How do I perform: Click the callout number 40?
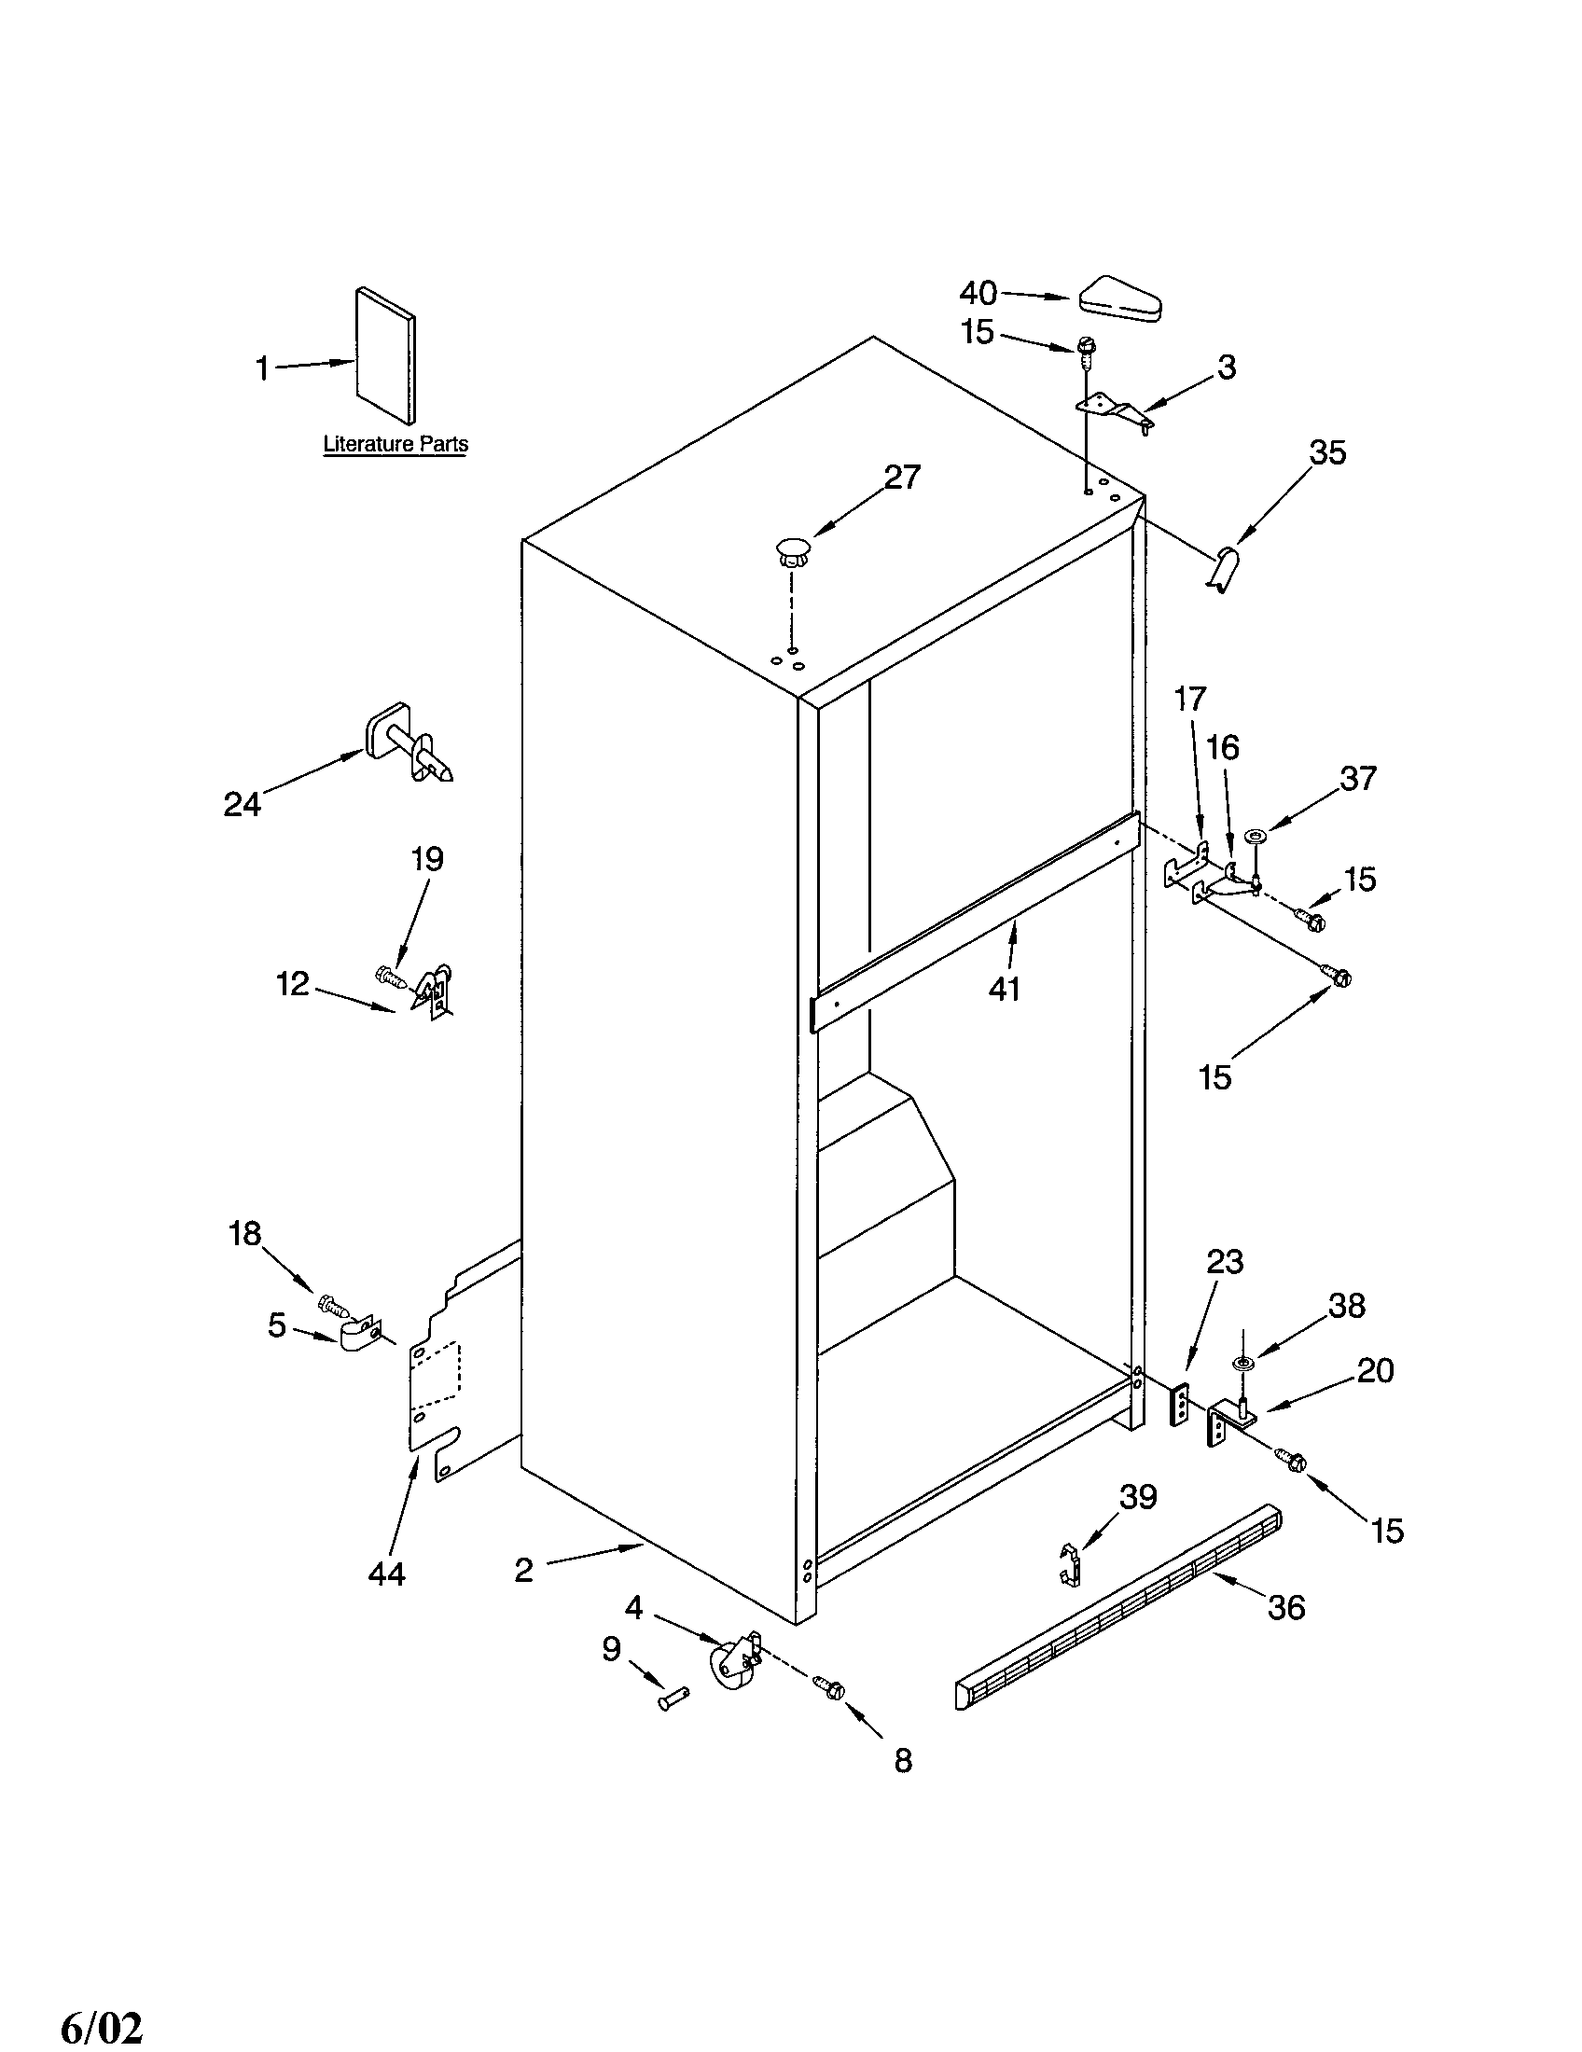pyautogui.click(x=977, y=293)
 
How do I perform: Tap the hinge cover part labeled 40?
pyautogui.click(x=1122, y=299)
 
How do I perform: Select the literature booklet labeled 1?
pyautogui.click(x=385, y=356)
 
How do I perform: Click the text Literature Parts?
pyautogui.click(x=395, y=444)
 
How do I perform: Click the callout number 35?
pyautogui.click(x=1328, y=453)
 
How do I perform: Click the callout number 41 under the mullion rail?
pyautogui.click(x=1005, y=989)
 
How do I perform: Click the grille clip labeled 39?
pyautogui.click(x=1068, y=1562)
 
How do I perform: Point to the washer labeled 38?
pyautogui.click(x=1244, y=1363)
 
